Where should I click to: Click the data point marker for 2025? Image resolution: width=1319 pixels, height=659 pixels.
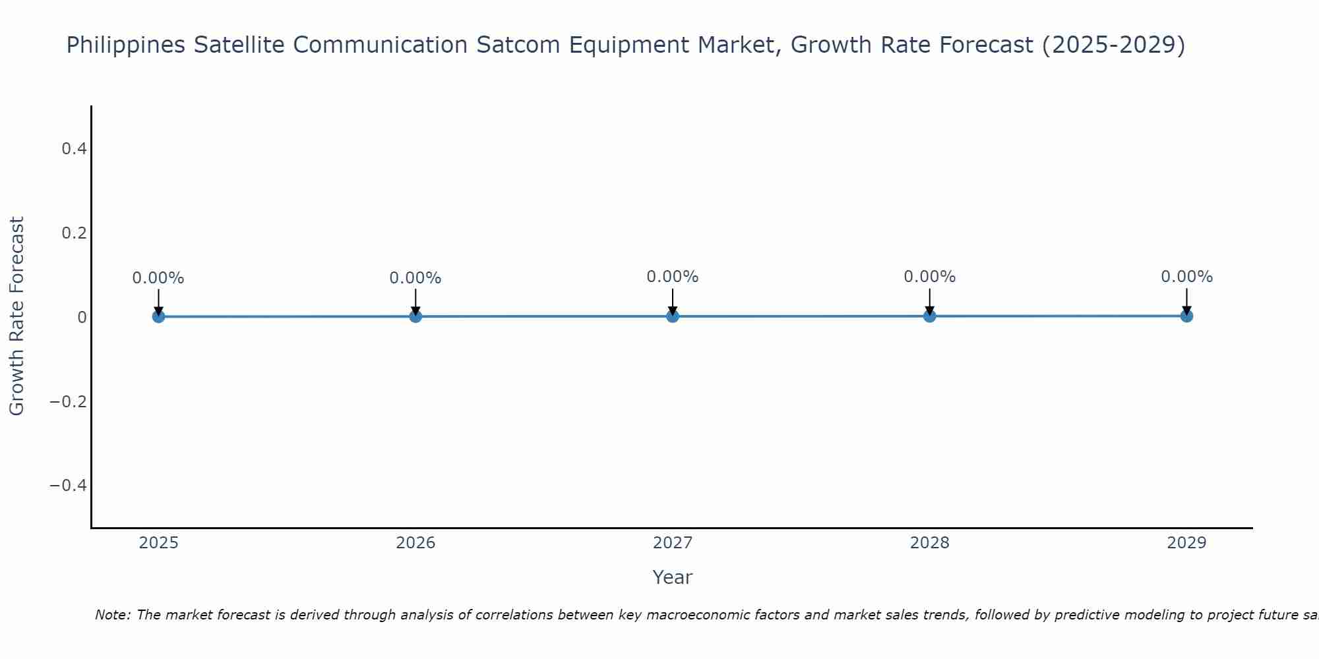pos(158,316)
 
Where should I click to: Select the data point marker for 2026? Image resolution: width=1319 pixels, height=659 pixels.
pos(415,316)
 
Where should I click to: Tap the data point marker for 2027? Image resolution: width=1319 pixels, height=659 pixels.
pos(673,316)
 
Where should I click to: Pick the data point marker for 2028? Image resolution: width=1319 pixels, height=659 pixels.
pos(929,316)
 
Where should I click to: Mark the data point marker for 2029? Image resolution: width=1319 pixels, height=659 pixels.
pos(1186,316)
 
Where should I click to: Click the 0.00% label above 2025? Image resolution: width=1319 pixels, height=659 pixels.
pos(158,278)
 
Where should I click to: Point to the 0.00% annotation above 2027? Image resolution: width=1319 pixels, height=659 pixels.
pos(673,277)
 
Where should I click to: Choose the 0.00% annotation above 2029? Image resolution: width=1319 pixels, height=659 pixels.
pos(1186,277)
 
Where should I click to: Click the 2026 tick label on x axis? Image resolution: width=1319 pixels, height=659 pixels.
pos(415,543)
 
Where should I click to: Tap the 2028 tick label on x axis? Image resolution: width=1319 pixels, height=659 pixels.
pos(929,543)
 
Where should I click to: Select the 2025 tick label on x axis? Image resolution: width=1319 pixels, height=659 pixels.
pos(158,543)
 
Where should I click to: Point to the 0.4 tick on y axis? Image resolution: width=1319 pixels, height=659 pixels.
pos(74,149)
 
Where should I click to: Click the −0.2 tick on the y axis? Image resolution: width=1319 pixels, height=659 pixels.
pos(69,401)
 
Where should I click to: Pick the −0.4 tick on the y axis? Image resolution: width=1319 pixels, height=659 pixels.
pos(69,486)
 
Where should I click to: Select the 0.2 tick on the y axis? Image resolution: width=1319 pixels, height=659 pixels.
pos(74,233)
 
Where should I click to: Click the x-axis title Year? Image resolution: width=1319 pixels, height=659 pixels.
pos(672,577)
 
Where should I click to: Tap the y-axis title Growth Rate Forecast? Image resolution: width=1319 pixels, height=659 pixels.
pos(16,316)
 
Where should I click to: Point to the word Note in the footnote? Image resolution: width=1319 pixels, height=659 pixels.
pos(112,615)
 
